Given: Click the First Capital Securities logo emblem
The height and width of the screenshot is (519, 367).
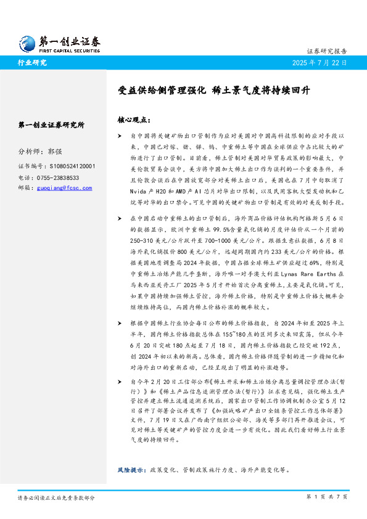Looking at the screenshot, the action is click(28, 42).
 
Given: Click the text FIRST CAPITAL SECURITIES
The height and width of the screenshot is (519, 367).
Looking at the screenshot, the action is click(69, 51).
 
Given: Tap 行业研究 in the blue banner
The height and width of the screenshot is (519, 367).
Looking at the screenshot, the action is click(32, 63).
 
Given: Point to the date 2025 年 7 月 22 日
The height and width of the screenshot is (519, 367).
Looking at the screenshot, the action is click(318, 63).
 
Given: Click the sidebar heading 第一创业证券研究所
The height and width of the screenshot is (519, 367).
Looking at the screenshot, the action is click(52, 125).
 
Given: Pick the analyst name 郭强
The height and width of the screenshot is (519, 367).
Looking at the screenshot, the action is click(55, 151).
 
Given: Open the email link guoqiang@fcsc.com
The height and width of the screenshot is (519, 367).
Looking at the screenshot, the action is click(66, 187).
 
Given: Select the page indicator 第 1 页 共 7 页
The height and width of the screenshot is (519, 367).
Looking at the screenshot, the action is click(327, 496).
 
